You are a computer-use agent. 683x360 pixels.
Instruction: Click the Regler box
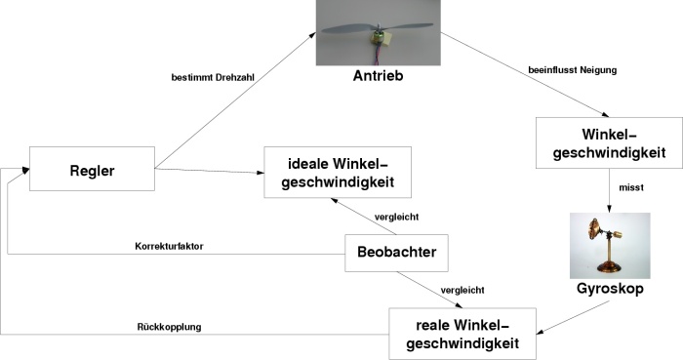(92, 169)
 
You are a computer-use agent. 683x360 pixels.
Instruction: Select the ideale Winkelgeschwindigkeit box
(338, 173)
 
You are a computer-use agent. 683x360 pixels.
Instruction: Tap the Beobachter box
(396, 253)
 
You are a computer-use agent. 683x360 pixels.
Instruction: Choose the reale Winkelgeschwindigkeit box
(462, 334)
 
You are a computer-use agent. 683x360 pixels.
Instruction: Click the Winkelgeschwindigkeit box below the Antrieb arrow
(609, 142)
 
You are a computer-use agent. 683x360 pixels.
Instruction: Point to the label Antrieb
(379, 76)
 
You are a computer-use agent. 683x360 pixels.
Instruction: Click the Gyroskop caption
(610, 288)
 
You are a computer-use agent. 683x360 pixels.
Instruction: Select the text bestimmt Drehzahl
(213, 78)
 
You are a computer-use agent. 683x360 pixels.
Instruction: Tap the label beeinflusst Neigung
(573, 70)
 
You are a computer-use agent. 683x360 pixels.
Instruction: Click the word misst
(631, 187)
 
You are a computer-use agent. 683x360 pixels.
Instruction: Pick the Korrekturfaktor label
(169, 247)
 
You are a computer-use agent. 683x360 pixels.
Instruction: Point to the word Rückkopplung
(169, 327)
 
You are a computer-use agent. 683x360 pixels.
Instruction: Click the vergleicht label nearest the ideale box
(396, 217)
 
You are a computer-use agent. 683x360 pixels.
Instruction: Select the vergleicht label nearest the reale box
(462, 290)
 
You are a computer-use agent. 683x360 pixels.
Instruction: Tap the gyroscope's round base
(609, 267)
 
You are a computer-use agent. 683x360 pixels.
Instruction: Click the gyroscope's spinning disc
(593, 229)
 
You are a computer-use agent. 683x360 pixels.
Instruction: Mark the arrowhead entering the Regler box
(25, 170)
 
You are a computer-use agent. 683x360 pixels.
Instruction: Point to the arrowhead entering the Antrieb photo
(312, 35)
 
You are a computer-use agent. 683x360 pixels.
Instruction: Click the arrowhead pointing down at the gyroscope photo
(609, 209)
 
